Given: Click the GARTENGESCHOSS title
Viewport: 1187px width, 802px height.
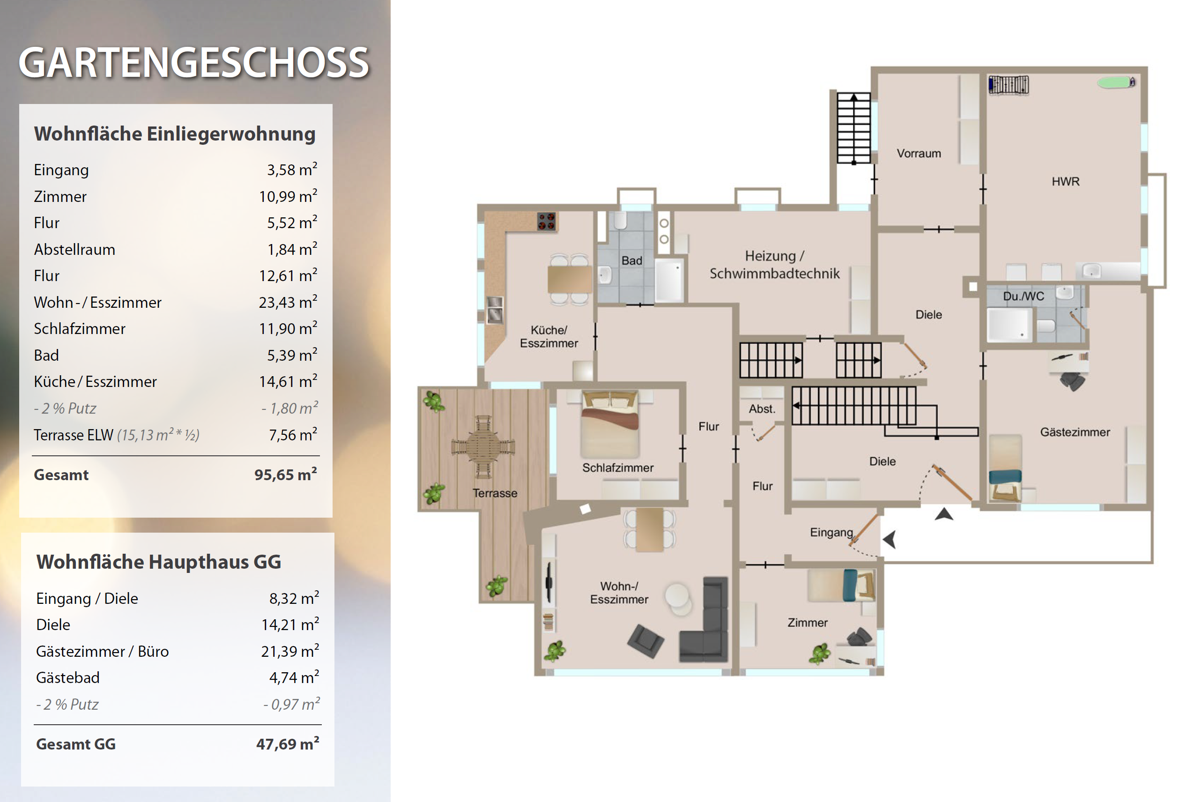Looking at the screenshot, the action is pos(193,63).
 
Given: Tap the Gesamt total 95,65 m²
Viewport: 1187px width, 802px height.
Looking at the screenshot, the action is pos(286,474).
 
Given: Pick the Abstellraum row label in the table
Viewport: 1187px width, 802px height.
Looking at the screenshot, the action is pos(74,249).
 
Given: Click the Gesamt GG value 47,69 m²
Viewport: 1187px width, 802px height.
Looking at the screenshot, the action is pos(288,743).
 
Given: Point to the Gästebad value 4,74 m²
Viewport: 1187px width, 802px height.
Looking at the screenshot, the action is pos(294,677).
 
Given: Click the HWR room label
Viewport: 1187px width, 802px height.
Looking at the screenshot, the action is pos(1065,181).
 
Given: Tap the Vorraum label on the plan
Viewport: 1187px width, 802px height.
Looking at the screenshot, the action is pos(919,153).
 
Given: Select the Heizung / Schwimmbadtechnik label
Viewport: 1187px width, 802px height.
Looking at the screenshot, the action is pos(774,265).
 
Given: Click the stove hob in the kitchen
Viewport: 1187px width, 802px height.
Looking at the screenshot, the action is pos(546,222).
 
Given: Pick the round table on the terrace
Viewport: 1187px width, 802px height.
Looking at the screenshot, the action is pos(482,447).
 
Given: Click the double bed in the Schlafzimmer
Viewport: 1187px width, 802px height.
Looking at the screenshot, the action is pos(610,424).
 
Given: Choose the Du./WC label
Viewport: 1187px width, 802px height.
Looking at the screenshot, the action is pos(1024,296).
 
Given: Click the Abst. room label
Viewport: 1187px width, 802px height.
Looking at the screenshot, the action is pos(762,408).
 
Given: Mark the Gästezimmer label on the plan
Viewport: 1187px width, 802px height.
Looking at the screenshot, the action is pos(1075,432).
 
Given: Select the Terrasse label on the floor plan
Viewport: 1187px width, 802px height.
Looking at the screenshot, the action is pos(494,493).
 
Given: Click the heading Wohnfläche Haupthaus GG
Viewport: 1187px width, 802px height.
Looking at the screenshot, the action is pos(159,562).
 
